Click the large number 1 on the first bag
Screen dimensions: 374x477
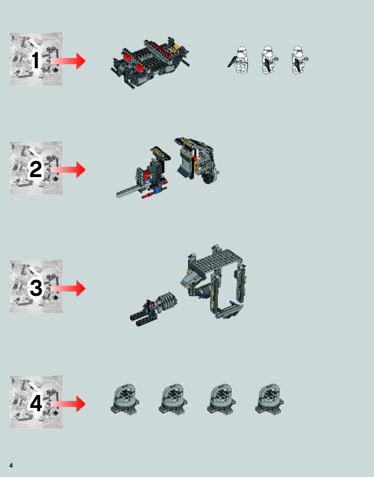36,60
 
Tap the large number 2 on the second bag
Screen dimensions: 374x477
35,169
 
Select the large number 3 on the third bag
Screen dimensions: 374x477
36,288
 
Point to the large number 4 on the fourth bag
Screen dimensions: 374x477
36,403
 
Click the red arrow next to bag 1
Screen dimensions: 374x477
68,61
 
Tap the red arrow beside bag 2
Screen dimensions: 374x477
68,170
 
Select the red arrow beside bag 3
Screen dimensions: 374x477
68,288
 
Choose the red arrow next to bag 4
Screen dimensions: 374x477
68,404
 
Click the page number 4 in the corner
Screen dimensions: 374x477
11,465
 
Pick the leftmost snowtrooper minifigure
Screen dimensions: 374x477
239,60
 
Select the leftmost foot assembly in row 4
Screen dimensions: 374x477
125,399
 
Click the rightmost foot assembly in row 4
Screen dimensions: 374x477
269,399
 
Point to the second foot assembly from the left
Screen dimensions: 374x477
173,399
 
